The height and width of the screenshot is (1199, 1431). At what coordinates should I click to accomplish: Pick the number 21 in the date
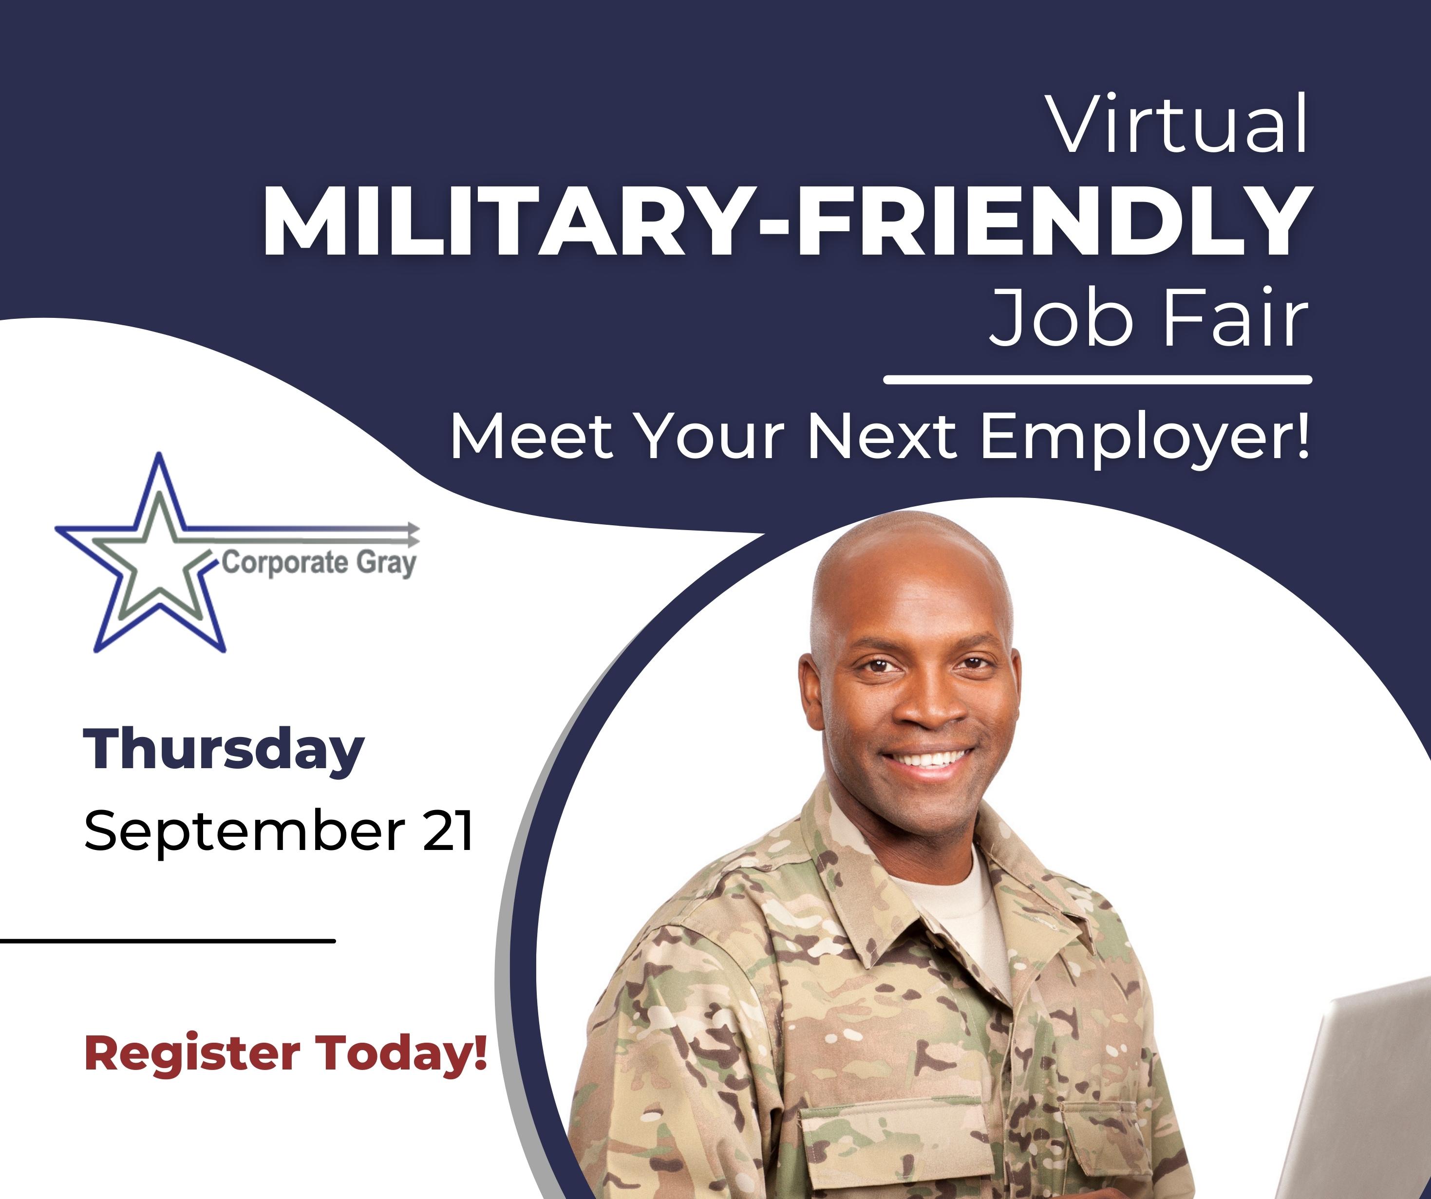[448, 830]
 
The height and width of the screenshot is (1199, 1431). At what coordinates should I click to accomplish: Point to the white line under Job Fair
[1098, 379]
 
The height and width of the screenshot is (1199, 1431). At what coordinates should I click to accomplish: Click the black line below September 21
[168, 941]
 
